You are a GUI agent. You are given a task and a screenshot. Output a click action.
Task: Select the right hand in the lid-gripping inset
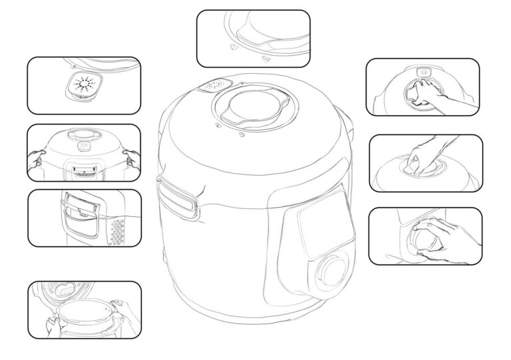[132, 158]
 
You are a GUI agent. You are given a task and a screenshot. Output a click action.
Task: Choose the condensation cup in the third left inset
[81, 213]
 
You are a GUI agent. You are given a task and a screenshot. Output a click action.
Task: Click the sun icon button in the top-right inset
[423, 71]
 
